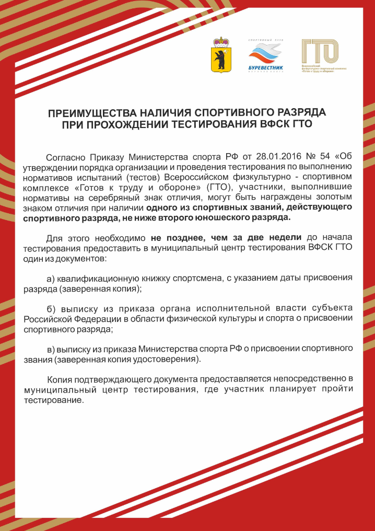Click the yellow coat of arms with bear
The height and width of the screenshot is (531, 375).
222,54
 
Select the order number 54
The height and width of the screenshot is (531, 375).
329,157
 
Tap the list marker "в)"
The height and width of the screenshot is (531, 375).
51,348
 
